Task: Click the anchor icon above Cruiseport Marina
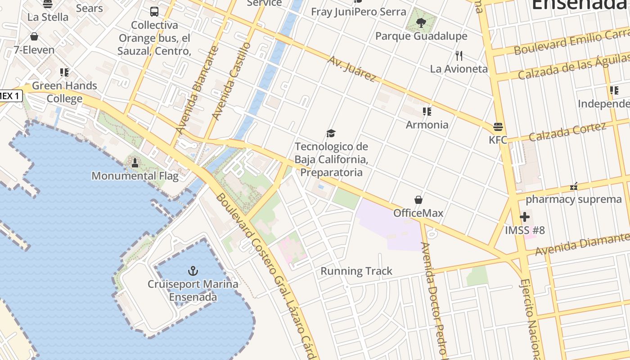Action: point(193,270)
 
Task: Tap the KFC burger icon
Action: point(498,126)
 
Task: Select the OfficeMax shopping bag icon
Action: point(418,199)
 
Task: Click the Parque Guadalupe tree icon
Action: point(421,22)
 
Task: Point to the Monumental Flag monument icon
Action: point(135,162)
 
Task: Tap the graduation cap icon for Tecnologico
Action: point(331,133)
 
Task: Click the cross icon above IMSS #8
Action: point(524,217)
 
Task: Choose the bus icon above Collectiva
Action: point(154,12)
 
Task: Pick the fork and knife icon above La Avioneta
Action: point(459,56)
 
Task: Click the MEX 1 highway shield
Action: point(10,95)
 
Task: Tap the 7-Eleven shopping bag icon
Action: point(34,36)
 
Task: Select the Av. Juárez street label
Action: point(352,69)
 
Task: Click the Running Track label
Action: point(356,271)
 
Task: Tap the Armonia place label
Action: point(427,125)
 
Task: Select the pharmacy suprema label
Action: point(574,199)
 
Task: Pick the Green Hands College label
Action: point(64,92)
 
